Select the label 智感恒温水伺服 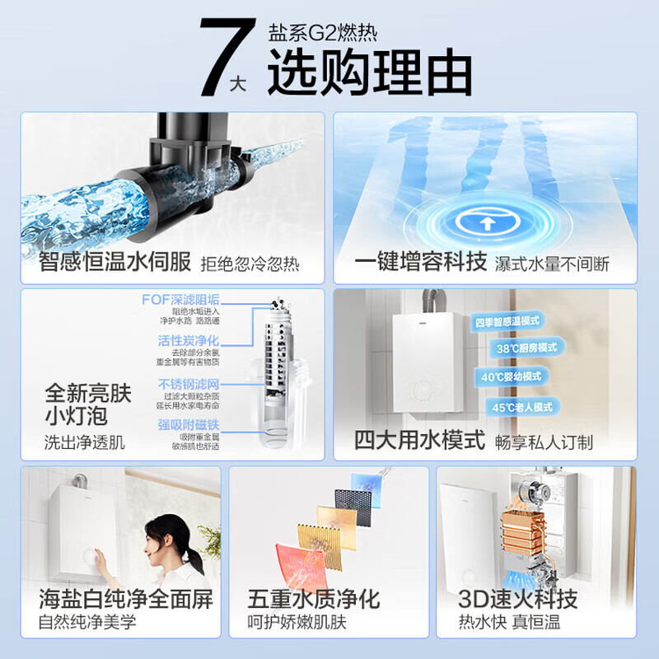coord(115,263)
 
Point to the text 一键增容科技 coord(421,263)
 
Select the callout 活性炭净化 coord(189,340)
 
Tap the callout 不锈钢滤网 coord(189,384)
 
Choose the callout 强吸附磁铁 coord(189,425)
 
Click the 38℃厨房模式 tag coord(527,348)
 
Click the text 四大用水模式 coord(419,441)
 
